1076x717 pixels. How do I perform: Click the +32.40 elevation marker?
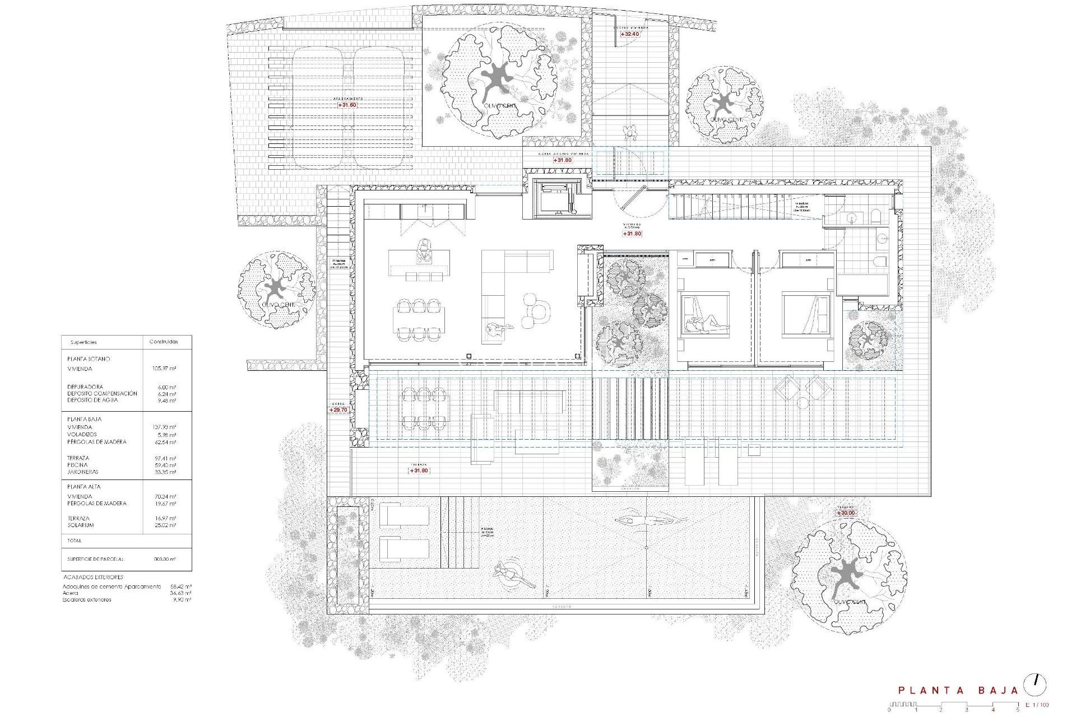pyautogui.click(x=630, y=34)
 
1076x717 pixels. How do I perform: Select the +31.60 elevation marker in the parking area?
pyautogui.click(x=347, y=105)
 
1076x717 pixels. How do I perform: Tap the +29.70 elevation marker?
pyautogui.click(x=338, y=410)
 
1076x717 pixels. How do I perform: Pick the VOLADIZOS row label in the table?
pyautogui.click(x=82, y=435)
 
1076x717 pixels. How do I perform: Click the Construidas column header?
pyautogui.click(x=163, y=342)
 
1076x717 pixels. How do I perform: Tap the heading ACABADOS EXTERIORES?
pyautogui.click(x=93, y=577)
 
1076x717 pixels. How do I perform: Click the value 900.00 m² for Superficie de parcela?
pyautogui.click(x=165, y=559)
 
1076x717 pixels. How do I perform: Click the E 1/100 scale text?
pyautogui.click(x=1037, y=705)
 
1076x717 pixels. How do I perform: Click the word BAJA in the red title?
pyautogui.click(x=998, y=691)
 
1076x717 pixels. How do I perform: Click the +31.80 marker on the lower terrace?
pyautogui.click(x=419, y=471)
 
